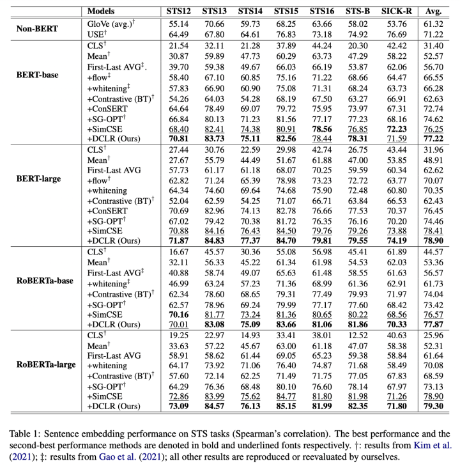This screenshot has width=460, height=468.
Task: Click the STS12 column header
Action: pyautogui.click(x=174, y=11)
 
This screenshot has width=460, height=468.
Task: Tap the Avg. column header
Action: pyautogui.click(x=436, y=11)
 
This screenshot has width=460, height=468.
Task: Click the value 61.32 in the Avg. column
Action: pyautogui.click(x=436, y=23)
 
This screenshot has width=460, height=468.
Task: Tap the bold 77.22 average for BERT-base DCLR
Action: pyautogui.click(x=436, y=137)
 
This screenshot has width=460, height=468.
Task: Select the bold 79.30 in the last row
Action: pyautogui.click(x=436, y=406)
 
